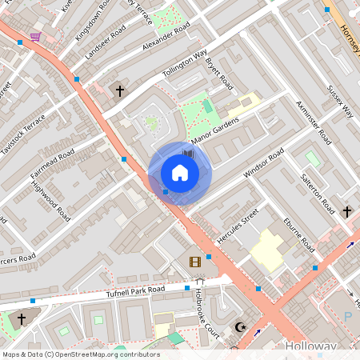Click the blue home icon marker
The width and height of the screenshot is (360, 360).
[179, 173]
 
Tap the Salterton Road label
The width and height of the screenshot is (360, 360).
[317, 192]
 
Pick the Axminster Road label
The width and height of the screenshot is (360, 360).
[313, 122]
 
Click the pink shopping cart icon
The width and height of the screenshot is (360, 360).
[35, 37]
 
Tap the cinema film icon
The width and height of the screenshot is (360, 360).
[194, 262]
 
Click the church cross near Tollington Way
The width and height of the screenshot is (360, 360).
[120, 91]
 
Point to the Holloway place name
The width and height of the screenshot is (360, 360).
[310, 346]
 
